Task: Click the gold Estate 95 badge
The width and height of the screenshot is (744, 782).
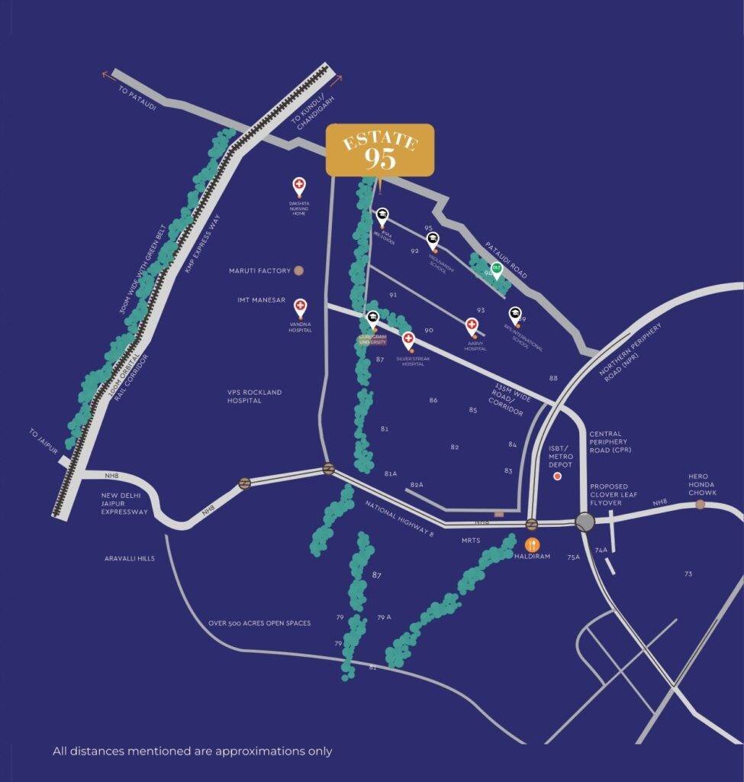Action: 380,149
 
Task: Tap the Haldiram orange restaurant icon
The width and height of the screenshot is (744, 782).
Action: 533,545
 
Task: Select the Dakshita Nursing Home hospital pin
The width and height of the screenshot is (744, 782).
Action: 299,186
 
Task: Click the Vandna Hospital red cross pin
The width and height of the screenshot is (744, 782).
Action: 300,307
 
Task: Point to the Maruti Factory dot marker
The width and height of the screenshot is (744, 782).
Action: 299,270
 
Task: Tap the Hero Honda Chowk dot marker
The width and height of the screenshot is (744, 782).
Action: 700,505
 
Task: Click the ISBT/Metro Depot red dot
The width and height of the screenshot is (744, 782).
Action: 557,476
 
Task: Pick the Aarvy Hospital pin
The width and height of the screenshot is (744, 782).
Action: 472,326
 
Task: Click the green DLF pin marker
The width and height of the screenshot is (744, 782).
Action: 497,270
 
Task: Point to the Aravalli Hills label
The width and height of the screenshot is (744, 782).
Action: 130,559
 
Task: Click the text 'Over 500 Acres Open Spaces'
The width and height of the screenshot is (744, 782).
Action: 259,623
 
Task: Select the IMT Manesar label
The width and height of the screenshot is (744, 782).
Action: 261,300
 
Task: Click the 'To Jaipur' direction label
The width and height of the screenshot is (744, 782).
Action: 44,442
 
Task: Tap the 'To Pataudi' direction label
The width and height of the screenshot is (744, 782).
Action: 137,99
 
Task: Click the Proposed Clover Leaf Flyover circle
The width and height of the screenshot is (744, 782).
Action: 585,522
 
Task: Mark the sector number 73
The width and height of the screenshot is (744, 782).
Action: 688,574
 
